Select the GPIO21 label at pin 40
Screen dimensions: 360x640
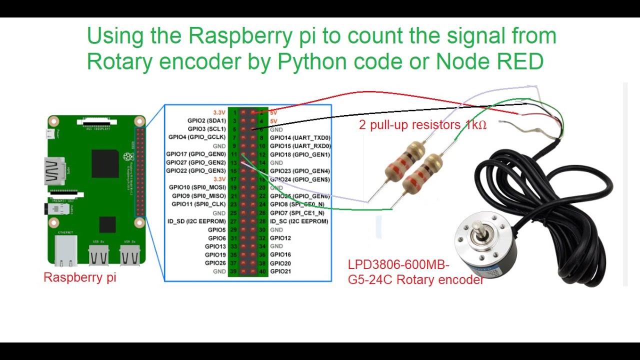pyautogui.click(x=280, y=271)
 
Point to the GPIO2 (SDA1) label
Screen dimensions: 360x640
pyautogui.click(x=206, y=120)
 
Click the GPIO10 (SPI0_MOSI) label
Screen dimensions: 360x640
pyautogui.click(x=197, y=187)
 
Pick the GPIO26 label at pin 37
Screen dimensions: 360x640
pyautogui.click(x=215, y=263)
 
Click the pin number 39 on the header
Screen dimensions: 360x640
pyautogui.click(x=234, y=271)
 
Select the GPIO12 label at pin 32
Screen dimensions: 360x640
pyautogui.click(x=280, y=238)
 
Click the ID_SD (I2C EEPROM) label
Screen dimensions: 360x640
pyautogui.click(x=196, y=221)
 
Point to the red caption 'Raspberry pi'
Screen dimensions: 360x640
pyautogui.click(x=80, y=277)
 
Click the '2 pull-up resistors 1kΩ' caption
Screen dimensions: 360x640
pyautogui.click(x=422, y=125)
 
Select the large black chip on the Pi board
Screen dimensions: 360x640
pyautogui.click(x=105, y=163)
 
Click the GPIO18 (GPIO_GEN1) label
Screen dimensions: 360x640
pyautogui.click(x=300, y=154)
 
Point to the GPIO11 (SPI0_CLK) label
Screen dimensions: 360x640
pyautogui.click(x=198, y=204)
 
